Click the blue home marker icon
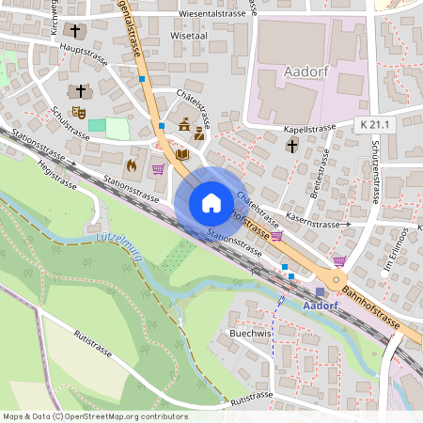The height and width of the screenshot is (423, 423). (x=211, y=202)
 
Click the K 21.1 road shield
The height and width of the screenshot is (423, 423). (x=374, y=124)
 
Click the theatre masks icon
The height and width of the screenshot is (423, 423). (x=81, y=111)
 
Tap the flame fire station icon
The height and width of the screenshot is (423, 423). (x=131, y=164)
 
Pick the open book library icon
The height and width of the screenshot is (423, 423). (x=182, y=153)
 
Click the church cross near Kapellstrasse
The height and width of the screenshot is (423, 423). (x=292, y=146)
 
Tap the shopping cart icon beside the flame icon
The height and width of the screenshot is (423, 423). (x=158, y=169)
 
